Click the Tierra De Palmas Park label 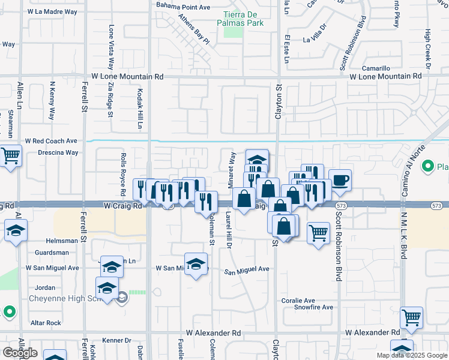click(243, 18)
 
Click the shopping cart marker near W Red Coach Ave click(11, 157)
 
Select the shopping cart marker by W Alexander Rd click(411, 319)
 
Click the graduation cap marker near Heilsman click(16, 231)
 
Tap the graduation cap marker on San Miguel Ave click(196, 264)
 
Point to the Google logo click(20, 352)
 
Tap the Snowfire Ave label click(313, 307)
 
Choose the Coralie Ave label click(298, 300)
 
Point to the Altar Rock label click(46, 323)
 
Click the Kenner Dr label click(116, 340)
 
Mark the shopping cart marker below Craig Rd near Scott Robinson click(318, 232)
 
